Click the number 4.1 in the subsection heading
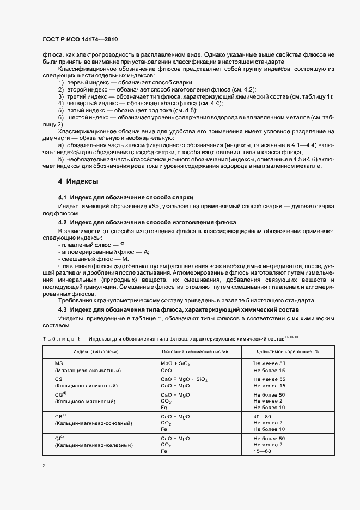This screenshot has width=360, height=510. click(x=62, y=197)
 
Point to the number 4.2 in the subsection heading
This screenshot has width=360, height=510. click(x=62, y=222)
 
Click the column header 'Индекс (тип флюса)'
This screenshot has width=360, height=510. click(x=96, y=352)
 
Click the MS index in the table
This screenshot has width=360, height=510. click(x=59, y=363)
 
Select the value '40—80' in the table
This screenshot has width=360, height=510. click(x=262, y=416)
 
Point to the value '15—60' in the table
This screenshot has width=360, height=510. click(x=262, y=451)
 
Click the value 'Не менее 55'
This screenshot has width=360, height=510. click(x=270, y=379)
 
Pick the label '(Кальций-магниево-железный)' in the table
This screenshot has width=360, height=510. click(x=94, y=445)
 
